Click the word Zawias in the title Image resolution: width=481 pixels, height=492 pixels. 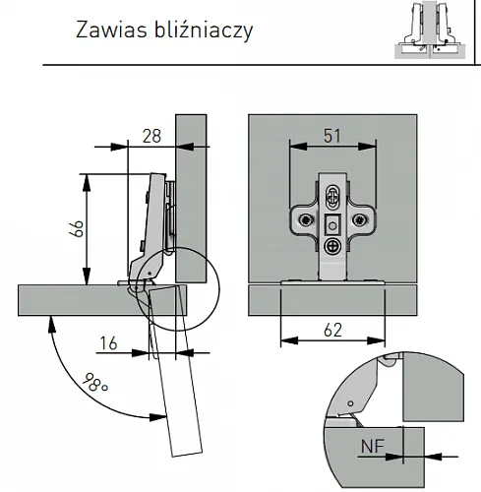[111, 30]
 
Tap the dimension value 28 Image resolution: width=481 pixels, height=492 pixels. [151, 136]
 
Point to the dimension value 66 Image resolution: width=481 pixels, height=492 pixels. [77, 228]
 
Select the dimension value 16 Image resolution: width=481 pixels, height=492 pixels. [108, 343]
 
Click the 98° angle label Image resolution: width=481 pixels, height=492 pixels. [95, 382]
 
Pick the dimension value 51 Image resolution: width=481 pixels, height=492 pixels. [332, 136]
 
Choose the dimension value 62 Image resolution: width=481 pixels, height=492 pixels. [332, 330]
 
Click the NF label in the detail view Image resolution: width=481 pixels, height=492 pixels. [373, 446]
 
